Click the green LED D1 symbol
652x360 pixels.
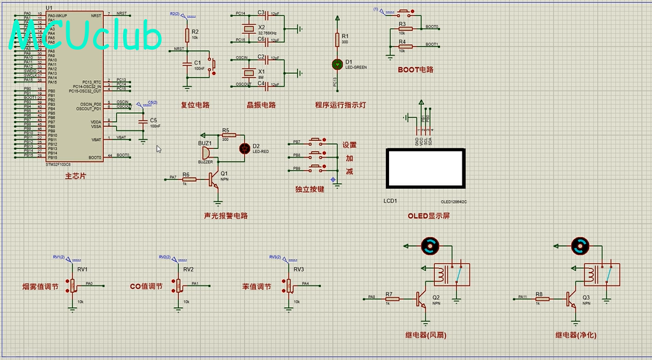(x=337, y=64)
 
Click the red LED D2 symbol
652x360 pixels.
(x=244, y=148)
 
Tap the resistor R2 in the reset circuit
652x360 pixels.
(x=187, y=35)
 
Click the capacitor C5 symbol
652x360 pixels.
(x=144, y=120)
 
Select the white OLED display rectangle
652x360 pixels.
(x=425, y=168)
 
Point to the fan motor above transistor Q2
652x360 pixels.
(x=430, y=245)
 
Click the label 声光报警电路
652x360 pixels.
(x=225, y=215)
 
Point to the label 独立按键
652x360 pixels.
(x=309, y=189)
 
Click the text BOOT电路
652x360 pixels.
(x=415, y=69)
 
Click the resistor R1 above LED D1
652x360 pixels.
(x=337, y=40)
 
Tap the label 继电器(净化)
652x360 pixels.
(x=575, y=335)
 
